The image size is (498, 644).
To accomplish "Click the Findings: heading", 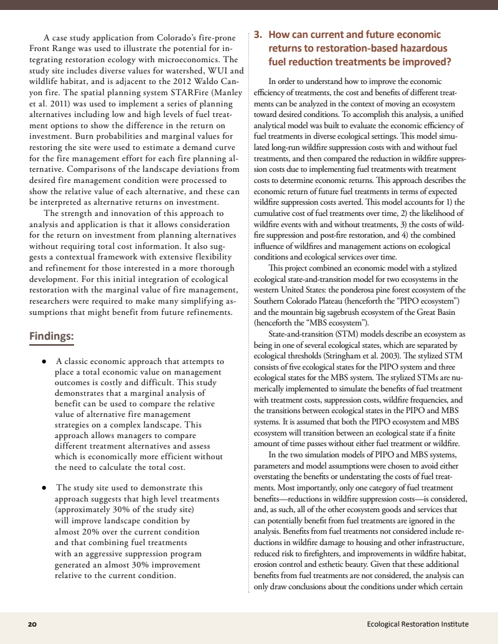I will click(x=52, y=337).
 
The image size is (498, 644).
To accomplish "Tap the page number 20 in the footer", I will click(x=32, y=624).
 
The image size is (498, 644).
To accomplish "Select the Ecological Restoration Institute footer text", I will click(x=418, y=624).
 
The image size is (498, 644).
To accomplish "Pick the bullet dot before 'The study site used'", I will click(x=44, y=488).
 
